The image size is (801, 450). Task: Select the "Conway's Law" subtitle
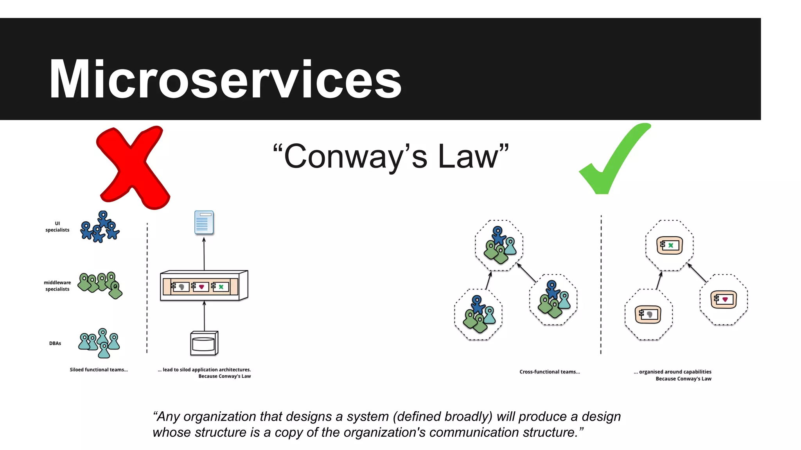[x=391, y=156]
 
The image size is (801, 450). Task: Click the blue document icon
[x=204, y=222]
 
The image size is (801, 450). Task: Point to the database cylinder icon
[x=204, y=343]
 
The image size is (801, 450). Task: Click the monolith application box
[x=204, y=286]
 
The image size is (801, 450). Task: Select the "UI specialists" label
[x=57, y=227]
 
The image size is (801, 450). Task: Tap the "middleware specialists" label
[x=57, y=286]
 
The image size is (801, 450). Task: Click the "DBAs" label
[x=55, y=343]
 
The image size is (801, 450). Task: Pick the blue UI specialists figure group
[x=100, y=227]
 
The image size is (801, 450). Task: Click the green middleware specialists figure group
[x=101, y=284]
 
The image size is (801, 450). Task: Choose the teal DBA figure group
[x=100, y=343]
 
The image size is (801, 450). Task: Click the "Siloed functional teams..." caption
[x=99, y=370]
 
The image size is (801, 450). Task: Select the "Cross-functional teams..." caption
[x=550, y=372]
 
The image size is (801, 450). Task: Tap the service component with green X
[x=669, y=245]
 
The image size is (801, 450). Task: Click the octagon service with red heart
[x=723, y=300]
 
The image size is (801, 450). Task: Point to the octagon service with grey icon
[x=648, y=314]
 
